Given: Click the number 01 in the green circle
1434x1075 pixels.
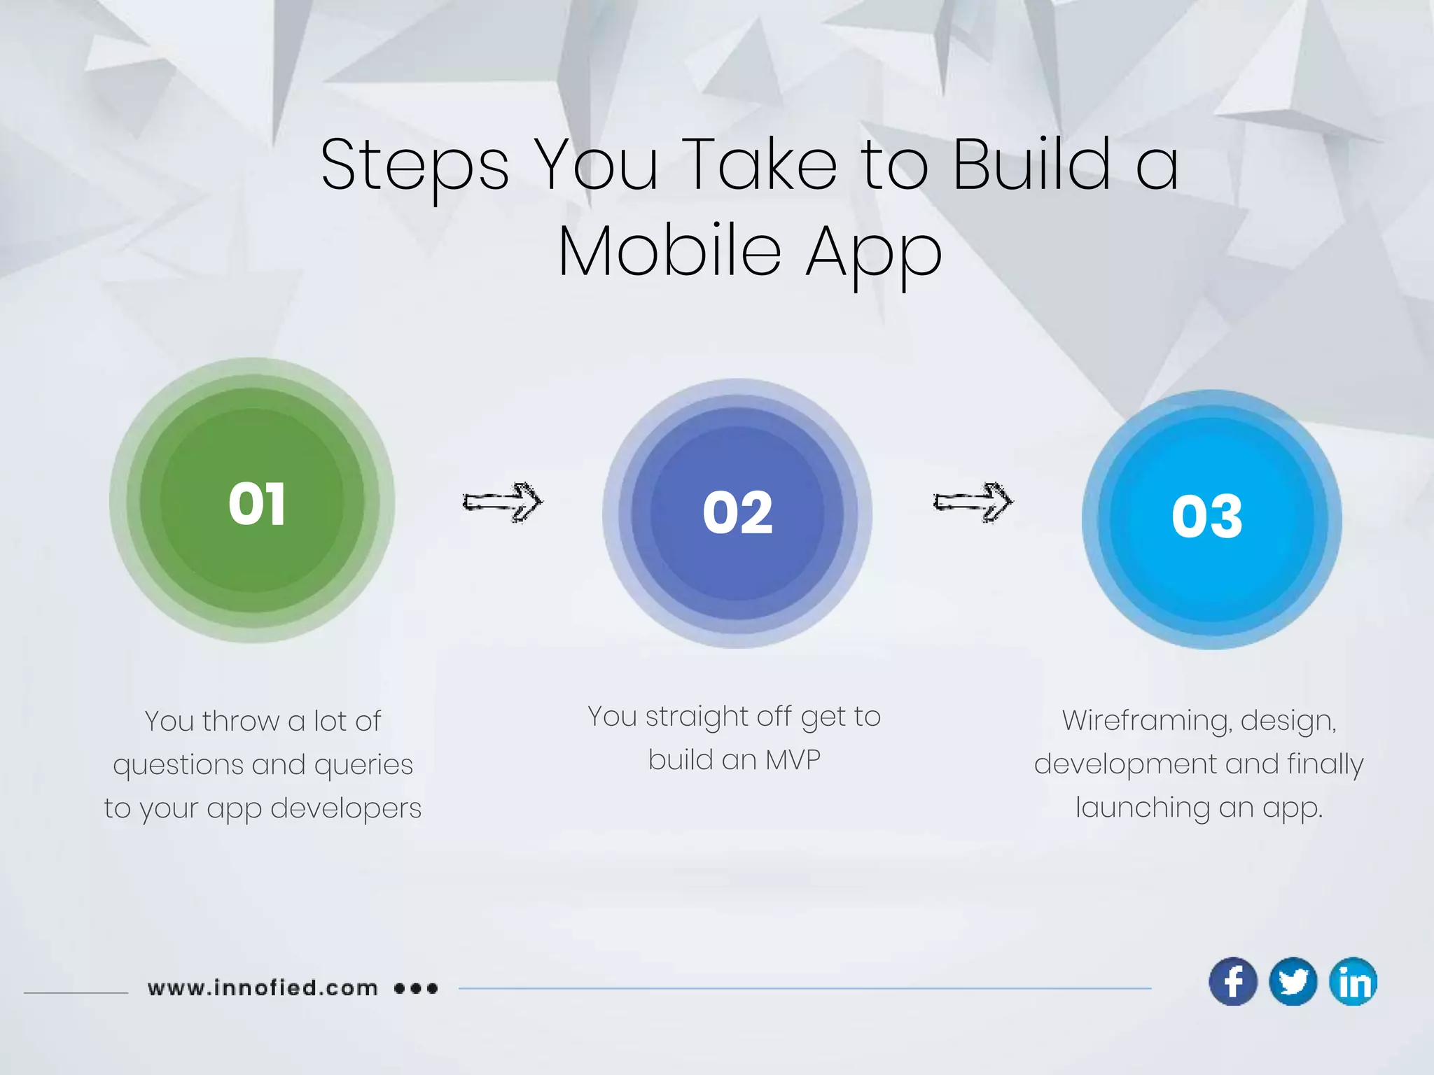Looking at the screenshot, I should (x=257, y=504).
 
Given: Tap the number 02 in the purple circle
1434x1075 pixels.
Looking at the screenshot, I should (x=737, y=513).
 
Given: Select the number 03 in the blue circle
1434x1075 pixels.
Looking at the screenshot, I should (x=1207, y=517).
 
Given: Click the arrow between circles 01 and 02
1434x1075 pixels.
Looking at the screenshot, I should (x=503, y=502).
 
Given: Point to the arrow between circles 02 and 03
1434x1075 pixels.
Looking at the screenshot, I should (x=973, y=502).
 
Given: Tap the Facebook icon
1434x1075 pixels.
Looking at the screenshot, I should (x=1233, y=981).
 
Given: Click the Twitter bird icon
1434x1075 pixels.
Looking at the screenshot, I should (x=1293, y=981).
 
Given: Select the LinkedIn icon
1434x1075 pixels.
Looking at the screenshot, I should (x=1353, y=981).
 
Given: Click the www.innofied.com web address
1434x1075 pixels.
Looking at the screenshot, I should (x=263, y=988).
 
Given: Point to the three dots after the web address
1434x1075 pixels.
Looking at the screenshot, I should (x=416, y=988).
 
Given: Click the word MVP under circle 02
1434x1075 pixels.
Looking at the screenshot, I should (x=793, y=760).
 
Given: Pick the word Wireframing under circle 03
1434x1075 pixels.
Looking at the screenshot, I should (x=1146, y=721).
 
